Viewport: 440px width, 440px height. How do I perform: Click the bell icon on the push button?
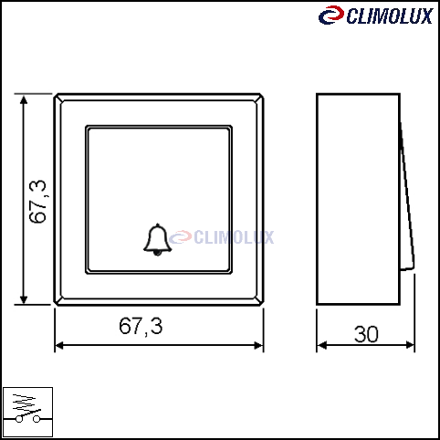point(157,240)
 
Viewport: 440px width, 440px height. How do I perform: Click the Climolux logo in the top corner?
point(376,16)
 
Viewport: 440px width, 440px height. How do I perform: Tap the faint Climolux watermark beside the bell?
point(222,237)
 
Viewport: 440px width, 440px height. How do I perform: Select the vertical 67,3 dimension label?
point(38,202)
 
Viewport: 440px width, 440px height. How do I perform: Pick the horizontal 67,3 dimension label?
point(141,326)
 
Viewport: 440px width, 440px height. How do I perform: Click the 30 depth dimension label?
point(366,334)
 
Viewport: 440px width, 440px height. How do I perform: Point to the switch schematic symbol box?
point(27,412)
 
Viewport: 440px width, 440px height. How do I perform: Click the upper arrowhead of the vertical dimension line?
point(24,100)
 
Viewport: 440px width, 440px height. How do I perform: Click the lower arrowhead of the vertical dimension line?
point(24,299)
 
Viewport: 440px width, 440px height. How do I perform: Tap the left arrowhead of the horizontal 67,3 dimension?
point(59,345)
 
